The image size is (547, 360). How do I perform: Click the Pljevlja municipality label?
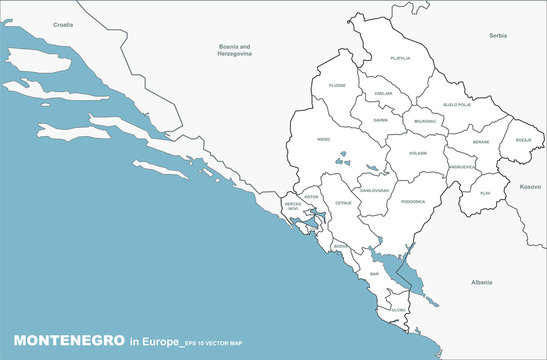400,58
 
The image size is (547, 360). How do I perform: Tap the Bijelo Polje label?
457,104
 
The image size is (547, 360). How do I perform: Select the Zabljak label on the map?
383,93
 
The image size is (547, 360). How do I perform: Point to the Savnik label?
381,120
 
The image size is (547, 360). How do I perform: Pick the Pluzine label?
338,86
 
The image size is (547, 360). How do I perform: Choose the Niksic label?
324,140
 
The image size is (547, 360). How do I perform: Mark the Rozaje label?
524,140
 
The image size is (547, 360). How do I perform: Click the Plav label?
486,192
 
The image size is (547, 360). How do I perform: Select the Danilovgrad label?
374,190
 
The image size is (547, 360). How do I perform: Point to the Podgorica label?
412,202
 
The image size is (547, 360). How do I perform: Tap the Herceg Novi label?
293,206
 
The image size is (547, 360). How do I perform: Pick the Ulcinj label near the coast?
398,310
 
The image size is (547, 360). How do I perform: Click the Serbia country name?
498,35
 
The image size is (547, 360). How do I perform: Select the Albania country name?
482,283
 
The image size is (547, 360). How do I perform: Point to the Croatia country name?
63,22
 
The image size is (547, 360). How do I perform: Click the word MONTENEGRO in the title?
67,342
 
